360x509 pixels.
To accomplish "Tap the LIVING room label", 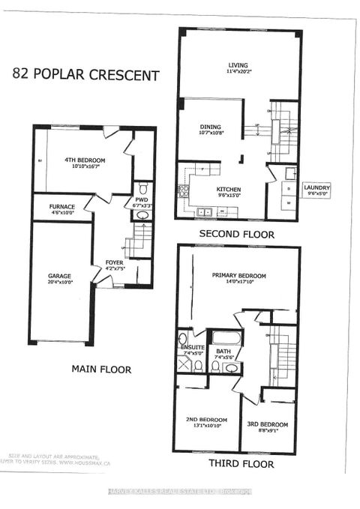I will click(238, 64).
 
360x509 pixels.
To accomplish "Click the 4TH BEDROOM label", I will click(84, 160).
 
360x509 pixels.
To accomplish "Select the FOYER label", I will click(113, 262).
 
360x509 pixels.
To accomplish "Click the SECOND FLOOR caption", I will click(238, 234).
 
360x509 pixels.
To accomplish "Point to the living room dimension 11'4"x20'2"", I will click(238, 71).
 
